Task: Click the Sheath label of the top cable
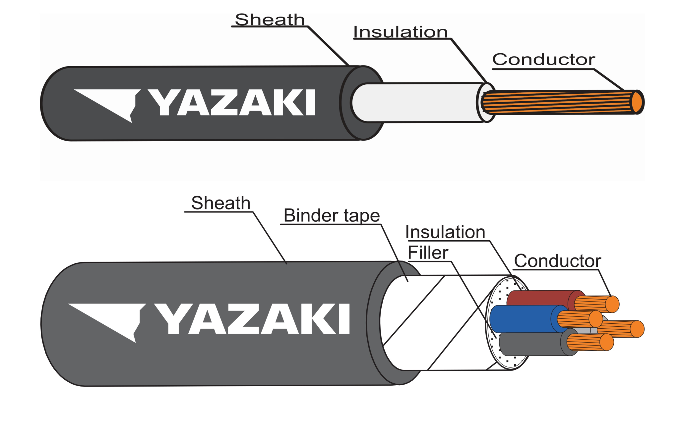(270, 20)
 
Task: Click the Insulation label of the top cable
(401, 32)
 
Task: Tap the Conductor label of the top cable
(543, 60)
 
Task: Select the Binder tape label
(332, 216)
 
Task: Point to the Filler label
(428, 253)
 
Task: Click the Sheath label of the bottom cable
(221, 203)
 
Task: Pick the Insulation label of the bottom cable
(445, 232)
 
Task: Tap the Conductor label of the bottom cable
(557, 261)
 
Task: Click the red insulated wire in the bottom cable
(540, 298)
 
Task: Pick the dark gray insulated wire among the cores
(530, 344)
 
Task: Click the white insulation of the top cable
(414, 103)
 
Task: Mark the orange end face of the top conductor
(637, 102)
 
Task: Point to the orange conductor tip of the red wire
(612, 304)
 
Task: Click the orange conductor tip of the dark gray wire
(607, 342)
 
